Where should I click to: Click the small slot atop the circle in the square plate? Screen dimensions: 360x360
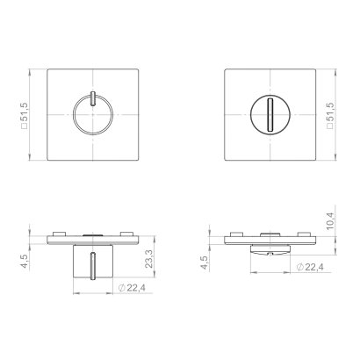point(91,96)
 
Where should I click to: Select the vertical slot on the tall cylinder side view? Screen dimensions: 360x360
point(91,263)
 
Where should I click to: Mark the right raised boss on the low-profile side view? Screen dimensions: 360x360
point(306,234)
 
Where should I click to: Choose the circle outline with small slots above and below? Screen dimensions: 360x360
point(73,114)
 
